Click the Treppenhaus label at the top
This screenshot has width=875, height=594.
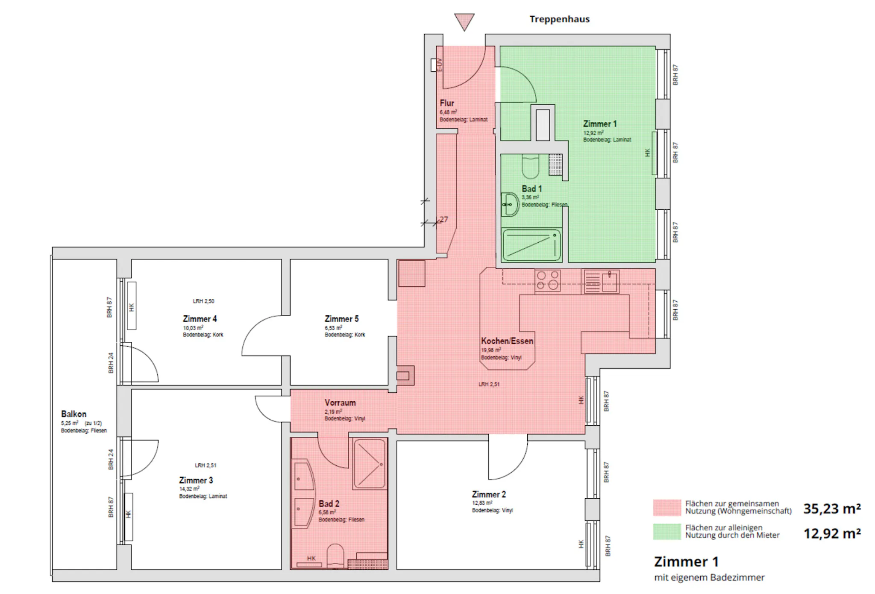coord(559,19)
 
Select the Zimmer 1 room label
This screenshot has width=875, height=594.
coord(600,124)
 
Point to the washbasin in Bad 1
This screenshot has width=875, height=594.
coord(510,205)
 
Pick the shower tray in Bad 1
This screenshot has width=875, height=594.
coord(531,245)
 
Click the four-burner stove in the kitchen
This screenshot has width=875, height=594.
coord(548,281)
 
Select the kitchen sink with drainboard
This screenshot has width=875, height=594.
coord(600,282)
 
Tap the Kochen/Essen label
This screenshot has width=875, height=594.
coord(507,341)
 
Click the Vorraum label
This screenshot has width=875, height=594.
coord(340,403)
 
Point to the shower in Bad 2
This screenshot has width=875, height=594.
coord(370,464)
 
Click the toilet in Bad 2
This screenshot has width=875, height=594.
coord(335,556)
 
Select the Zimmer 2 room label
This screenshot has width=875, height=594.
coord(489,494)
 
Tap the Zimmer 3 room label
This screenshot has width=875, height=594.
coord(196,480)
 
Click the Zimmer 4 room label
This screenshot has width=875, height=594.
coord(200,319)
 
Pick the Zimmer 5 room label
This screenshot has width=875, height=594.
coord(341,319)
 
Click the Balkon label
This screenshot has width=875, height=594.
coord(73,414)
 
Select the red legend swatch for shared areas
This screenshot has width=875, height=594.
coord(667,508)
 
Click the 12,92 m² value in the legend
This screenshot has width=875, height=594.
coord(832,533)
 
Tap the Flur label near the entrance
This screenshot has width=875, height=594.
coord(447,103)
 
